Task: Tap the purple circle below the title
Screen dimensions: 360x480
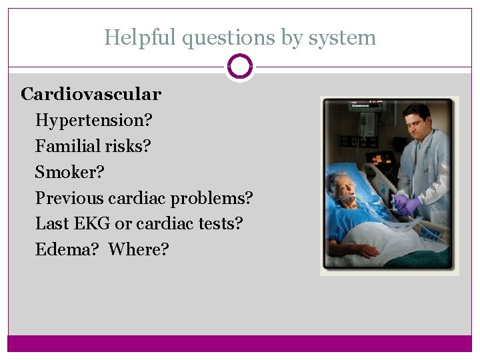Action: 240,67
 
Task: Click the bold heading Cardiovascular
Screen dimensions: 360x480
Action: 91,94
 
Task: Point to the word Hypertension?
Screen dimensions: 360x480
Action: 94,121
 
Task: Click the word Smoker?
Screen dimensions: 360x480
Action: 70,172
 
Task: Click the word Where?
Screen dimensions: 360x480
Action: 139,249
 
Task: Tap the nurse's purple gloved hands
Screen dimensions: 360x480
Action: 406,205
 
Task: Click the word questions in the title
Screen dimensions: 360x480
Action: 228,37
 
